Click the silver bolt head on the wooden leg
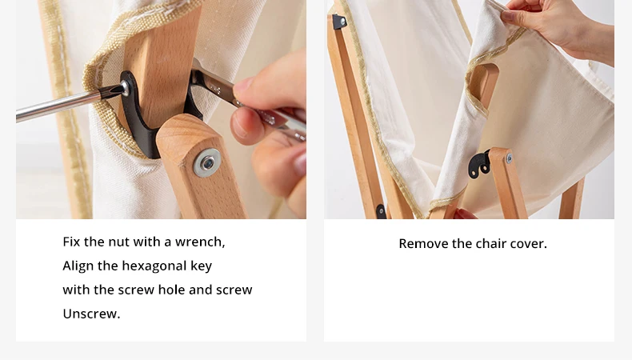[207, 162]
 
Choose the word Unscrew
[91, 314]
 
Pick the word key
[202, 266]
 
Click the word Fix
[71, 242]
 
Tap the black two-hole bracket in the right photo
[479, 164]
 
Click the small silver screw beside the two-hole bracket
[509, 158]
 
